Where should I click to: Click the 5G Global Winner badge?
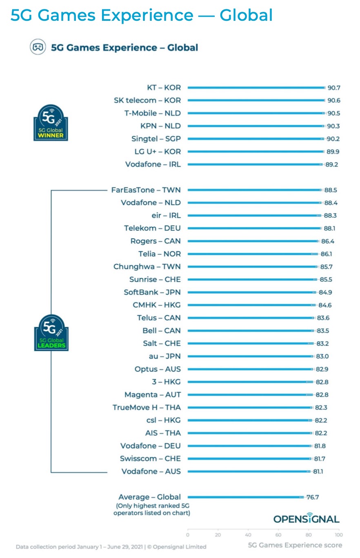pos(51,123)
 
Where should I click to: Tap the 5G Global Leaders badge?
pos(51,332)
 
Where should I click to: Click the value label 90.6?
pos(333,100)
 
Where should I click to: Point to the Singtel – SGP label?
pos(156,139)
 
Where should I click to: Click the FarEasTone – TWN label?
pos(146,190)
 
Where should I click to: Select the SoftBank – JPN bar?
pos(251,292)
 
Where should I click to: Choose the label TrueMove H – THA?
pos(147,407)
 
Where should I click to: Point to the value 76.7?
pos(313,497)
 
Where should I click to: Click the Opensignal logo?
pos(306,518)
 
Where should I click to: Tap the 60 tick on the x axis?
pos(278,535)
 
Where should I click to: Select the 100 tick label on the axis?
pos(338,535)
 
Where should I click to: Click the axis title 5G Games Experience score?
pos(295,545)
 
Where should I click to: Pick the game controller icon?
pos(38,47)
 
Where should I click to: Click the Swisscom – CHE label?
pos(150,458)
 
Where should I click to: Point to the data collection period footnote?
pos(111,547)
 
